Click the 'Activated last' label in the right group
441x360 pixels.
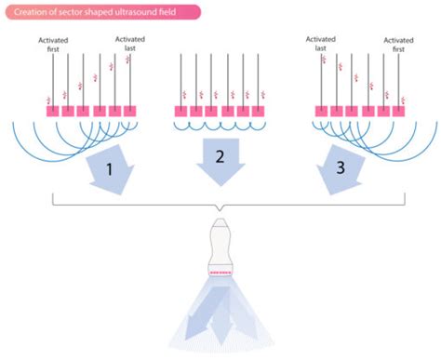point(321,46)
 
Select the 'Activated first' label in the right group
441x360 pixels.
point(398,46)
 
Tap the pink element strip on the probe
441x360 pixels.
point(220,273)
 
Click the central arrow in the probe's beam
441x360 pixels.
point(220,321)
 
